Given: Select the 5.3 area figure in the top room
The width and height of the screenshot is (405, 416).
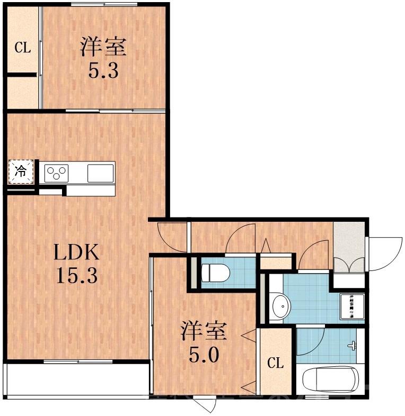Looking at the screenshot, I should tap(103, 70).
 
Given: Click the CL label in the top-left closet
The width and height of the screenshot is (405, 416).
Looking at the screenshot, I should tap(22, 48).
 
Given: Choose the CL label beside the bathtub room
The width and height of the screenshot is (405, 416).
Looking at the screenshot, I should tap(275, 364).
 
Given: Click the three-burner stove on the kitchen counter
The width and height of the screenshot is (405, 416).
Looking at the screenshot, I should tap(57, 172).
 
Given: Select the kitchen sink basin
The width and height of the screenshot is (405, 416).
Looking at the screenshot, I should tap(100, 173).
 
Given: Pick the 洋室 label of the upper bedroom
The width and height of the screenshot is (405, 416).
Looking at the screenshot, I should tap(103, 48).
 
